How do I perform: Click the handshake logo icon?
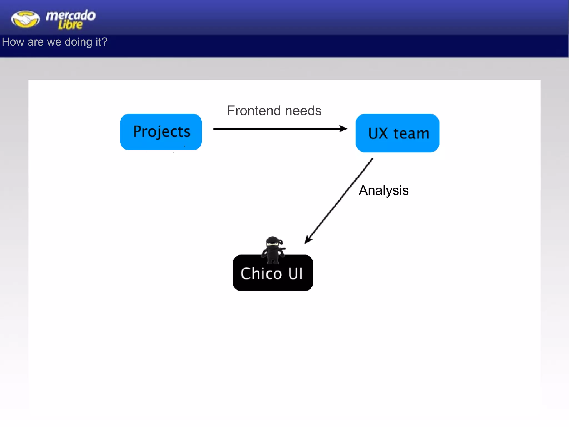click(x=25, y=19)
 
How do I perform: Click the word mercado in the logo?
click(x=71, y=15)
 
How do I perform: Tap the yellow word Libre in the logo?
click(x=70, y=25)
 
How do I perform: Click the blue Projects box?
click(x=161, y=132)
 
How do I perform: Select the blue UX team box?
click(x=397, y=133)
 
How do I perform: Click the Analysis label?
click(x=383, y=190)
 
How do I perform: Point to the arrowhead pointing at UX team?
click(x=344, y=129)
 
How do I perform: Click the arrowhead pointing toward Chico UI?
click(x=308, y=240)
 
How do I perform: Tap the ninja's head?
click(x=274, y=242)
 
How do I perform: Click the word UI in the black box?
click(x=295, y=274)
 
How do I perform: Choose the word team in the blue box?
click(x=411, y=133)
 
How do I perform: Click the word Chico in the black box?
click(x=261, y=274)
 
